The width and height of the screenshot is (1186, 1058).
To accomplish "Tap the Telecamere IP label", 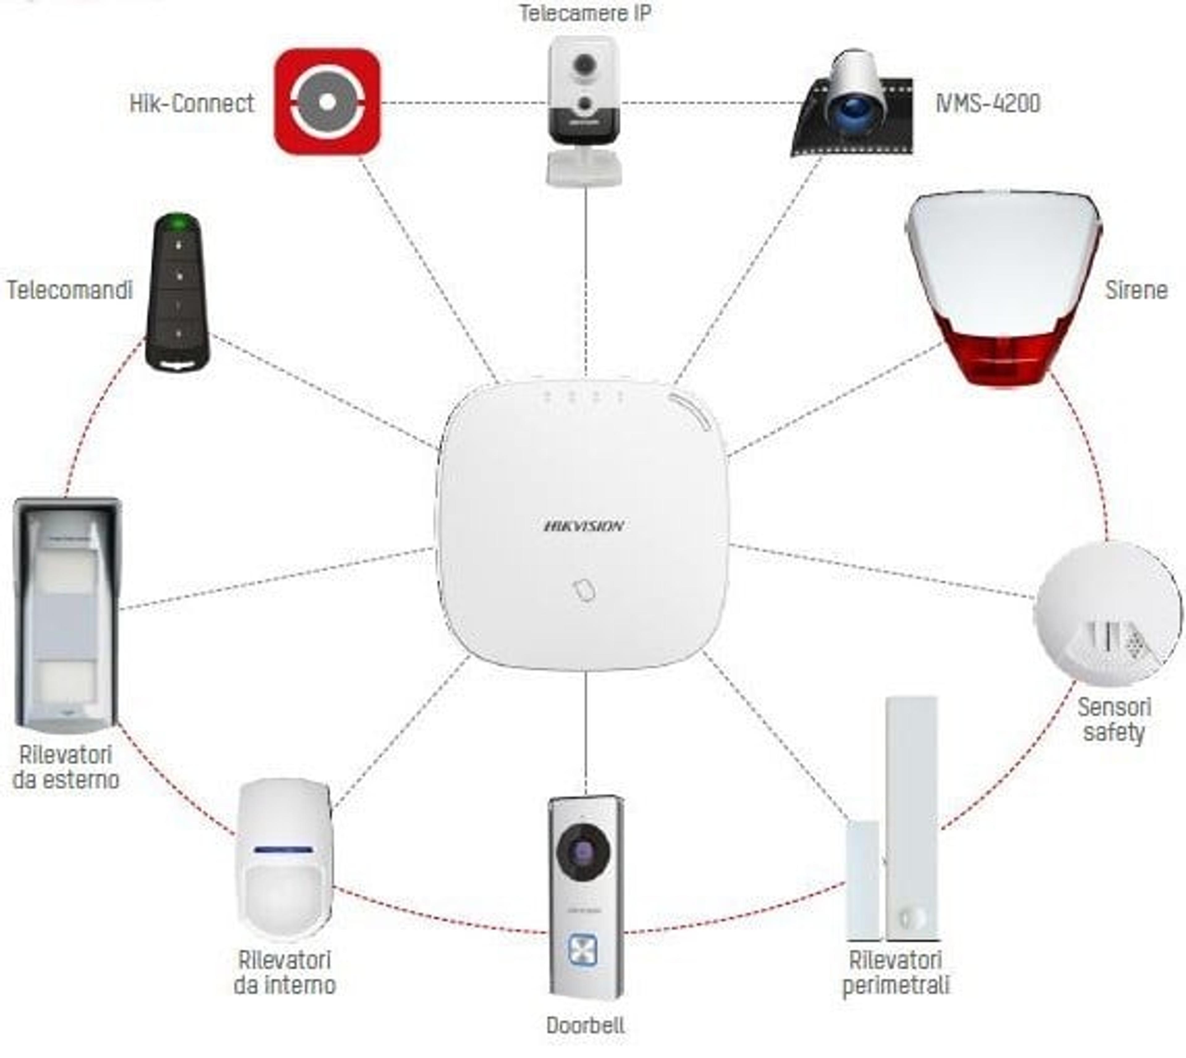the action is (x=585, y=13).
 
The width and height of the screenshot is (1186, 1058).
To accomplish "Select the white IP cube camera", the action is (x=584, y=110).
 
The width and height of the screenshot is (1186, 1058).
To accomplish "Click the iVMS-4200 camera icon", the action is (x=852, y=104).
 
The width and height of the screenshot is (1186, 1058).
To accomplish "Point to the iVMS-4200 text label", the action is (x=988, y=104).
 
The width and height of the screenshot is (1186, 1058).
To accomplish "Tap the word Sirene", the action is (x=1136, y=290).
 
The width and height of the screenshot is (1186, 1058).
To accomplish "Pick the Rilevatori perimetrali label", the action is (x=895, y=972).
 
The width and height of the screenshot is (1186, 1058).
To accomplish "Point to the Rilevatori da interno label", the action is (x=285, y=972).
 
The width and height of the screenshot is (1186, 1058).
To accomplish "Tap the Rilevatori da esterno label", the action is (x=66, y=767).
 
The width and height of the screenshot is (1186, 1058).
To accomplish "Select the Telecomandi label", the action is (x=70, y=290).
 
